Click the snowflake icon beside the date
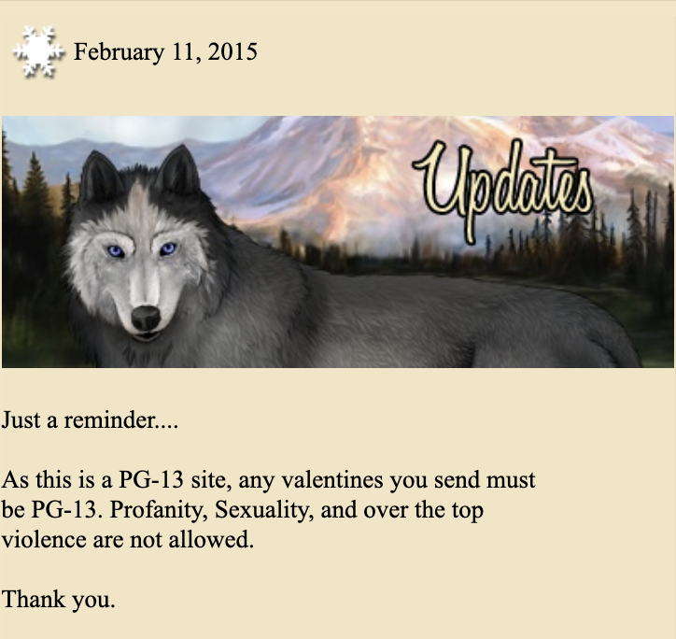(x=38, y=51)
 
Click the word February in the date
(x=119, y=52)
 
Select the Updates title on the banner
(x=502, y=189)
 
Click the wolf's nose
(x=146, y=318)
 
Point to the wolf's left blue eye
(x=116, y=250)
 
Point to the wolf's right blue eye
(x=167, y=248)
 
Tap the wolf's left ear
(x=98, y=176)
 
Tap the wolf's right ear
(x=179, y=169)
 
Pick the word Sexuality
(x=264, y=510)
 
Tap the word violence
(x=44, y=539)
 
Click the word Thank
(x=33, y=599)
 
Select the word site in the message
(x=208, y=480)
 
